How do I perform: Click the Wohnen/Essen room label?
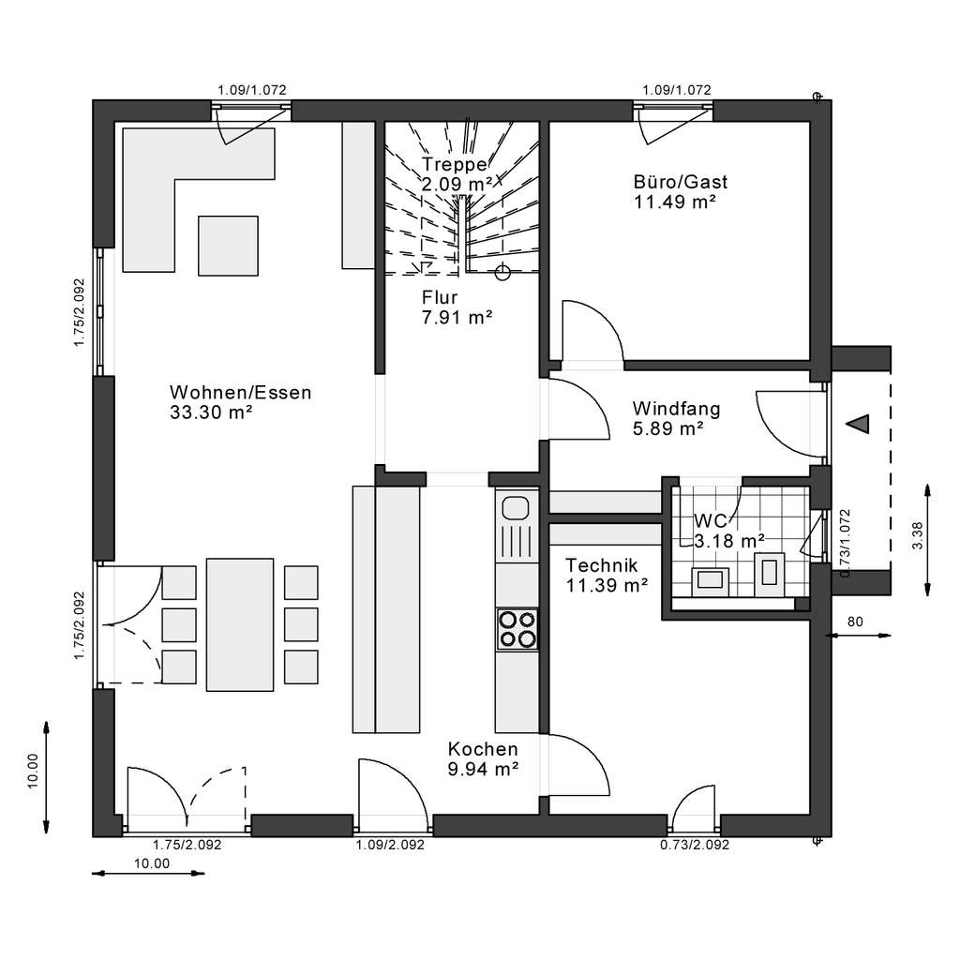point(241,392)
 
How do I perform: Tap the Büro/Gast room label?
point(681,182)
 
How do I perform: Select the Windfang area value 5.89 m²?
point(667,428)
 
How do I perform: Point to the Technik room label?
point(601,565)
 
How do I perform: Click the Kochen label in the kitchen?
point(483,749)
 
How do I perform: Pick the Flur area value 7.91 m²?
point(457,317)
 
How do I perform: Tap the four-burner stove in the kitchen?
point(517,630)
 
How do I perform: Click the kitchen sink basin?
point(516,508)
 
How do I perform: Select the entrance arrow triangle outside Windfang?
point(859,424)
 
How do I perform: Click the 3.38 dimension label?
point(917,535)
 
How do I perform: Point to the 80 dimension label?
point(855,622)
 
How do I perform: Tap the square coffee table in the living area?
point(228,246)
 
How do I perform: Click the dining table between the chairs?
point(240,624)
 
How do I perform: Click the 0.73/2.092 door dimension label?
point(695,845)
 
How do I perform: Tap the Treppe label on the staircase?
point(455,164)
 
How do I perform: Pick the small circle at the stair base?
point(502,273)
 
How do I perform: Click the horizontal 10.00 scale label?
point(152,863)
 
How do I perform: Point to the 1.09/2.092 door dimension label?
point(390,845)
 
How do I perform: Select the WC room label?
point(711,521)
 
